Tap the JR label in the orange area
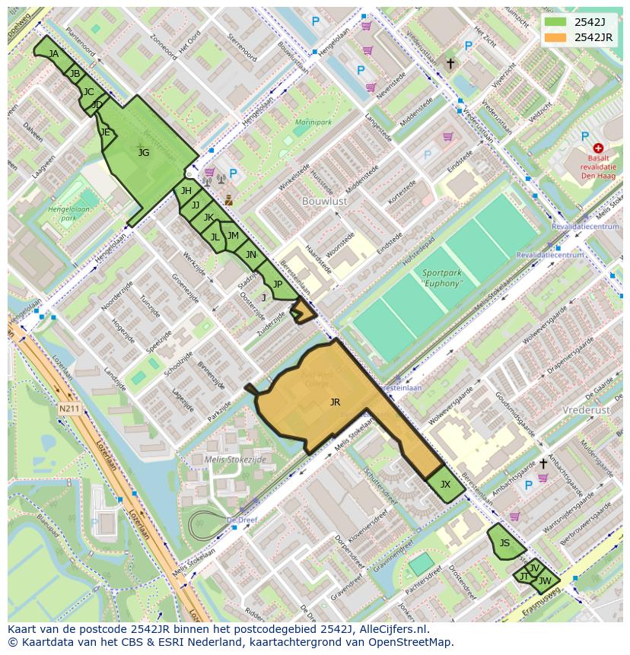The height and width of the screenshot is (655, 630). (335, 402)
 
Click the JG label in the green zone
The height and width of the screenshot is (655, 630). (144, 153)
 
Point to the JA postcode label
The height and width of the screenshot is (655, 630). (53, 54)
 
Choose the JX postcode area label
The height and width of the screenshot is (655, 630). (445, 485)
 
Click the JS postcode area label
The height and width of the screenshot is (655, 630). (504, 543)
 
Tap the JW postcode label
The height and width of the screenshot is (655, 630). (545, 581)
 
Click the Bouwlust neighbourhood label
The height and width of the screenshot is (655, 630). (324, 202)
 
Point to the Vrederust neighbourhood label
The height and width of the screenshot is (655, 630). (587, 409)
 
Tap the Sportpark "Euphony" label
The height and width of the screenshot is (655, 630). (442, 278)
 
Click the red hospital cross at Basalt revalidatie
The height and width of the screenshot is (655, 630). (598, 148)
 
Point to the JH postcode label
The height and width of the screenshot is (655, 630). (186, 191)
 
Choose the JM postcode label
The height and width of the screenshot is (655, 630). (233, 237)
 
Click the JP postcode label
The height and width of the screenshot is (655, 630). (278, 285)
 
